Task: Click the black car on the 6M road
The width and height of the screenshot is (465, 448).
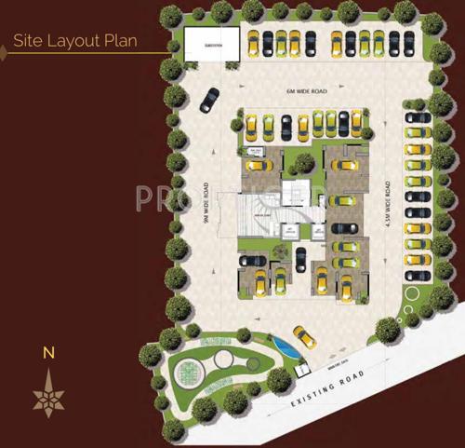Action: (x=210, y=99)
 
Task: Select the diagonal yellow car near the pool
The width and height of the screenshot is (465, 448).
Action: (x=304, y=336)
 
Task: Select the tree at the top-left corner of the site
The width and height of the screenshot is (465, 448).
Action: (x=172, y=16)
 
